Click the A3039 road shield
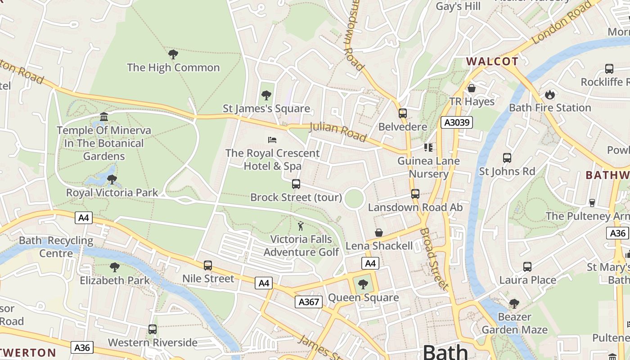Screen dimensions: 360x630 coord(456,122)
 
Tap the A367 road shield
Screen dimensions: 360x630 coord(309,302)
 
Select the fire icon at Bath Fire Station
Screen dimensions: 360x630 coord(549,94)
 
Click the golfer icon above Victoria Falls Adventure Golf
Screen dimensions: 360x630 coord(301,226)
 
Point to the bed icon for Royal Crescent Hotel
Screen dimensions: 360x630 coord(272,140)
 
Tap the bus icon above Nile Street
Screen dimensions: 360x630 coord(207,265)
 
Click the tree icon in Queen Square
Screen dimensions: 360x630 coord(363,284)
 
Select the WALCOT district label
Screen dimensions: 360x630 coord(492,62)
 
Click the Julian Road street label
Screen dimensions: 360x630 coord(338,131)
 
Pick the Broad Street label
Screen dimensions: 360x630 coord(434,259)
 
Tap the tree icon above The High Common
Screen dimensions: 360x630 coord(173,54)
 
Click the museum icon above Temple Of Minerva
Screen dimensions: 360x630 coord(104,117)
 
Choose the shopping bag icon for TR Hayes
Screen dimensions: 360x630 coord(472,88)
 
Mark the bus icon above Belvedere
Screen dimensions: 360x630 coord(402,113)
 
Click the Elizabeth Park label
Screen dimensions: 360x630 coord(115,280)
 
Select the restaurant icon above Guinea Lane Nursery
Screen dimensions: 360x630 coord(428,147)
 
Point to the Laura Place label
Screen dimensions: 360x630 coord(527,280)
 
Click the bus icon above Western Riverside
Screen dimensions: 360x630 coord(153,329)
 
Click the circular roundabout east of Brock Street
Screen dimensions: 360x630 coord(354,198)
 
